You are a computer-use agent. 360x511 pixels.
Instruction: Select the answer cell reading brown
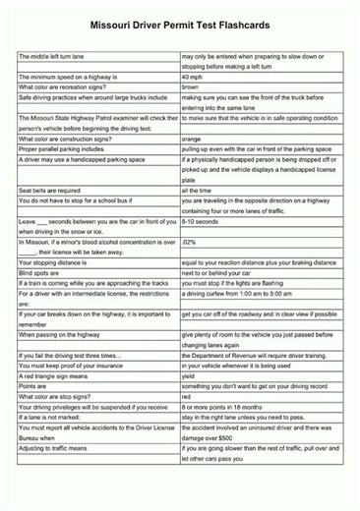[190, 86]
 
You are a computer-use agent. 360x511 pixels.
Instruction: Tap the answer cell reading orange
[191, 139]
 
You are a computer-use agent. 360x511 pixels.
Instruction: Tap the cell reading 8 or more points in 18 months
[224, 406]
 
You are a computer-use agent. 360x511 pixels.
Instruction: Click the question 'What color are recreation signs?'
[63, 86]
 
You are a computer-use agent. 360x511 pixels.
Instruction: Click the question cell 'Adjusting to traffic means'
[60, 447]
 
